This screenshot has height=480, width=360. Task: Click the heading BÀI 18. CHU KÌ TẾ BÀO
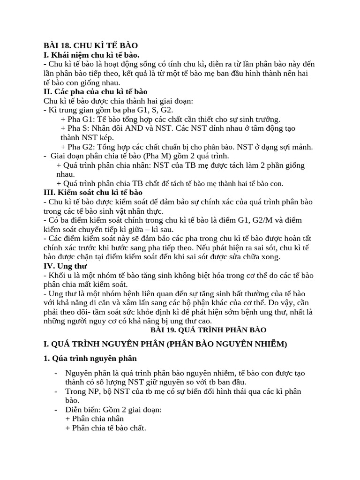tap(90, 45)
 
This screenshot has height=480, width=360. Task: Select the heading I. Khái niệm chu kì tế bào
tap(91, 55)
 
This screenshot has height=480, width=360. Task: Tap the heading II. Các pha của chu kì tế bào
tap(95, 91)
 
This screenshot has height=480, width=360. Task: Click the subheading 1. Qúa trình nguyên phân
tap(90, 359)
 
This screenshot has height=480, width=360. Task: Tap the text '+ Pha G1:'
tap(77, 119)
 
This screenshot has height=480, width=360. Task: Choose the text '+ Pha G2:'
tap(78, 147)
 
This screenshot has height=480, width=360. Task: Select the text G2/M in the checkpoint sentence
tap(255, 220)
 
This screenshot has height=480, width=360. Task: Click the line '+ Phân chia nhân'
tap(95, 419)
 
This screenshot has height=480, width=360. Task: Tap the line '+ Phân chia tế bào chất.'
tap(105, 428)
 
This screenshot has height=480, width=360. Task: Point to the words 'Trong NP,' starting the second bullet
tap(82, 391)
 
